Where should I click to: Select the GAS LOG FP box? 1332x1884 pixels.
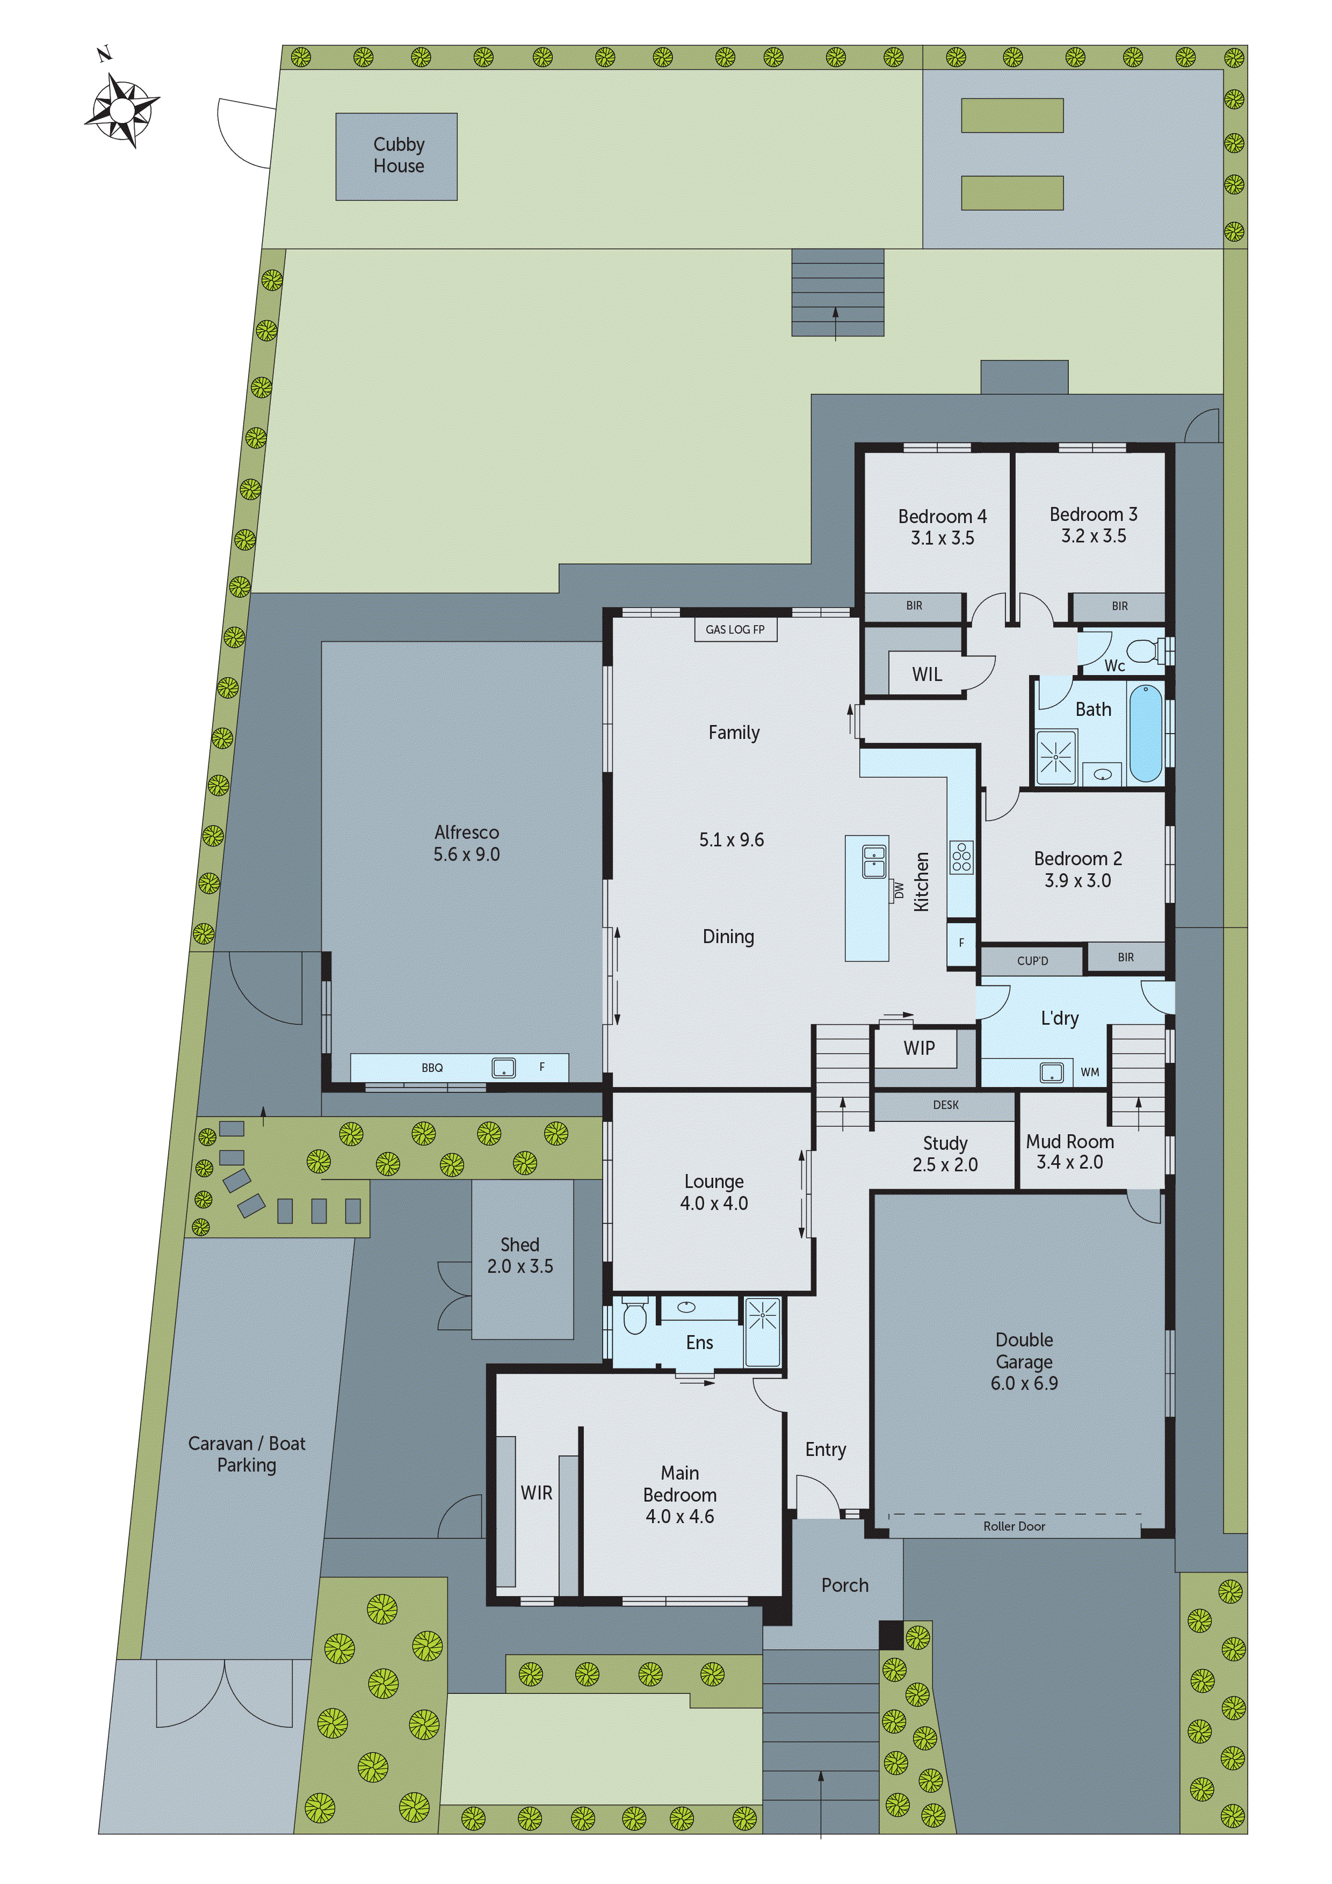pos(735,629)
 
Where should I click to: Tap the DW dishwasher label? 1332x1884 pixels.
pos(899,890)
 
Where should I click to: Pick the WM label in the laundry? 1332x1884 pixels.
pos(1089,1071)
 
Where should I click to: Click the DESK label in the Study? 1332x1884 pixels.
pos(945,1105)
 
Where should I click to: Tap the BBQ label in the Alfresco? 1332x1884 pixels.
pos(432,1068)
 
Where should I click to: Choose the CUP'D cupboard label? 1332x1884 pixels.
pos(1032,961)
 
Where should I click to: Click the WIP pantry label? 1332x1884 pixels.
pos(918,1048)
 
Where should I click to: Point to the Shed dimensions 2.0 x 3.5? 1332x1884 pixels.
pos(520,1266)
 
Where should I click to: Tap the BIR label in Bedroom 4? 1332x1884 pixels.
pos(914,606)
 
